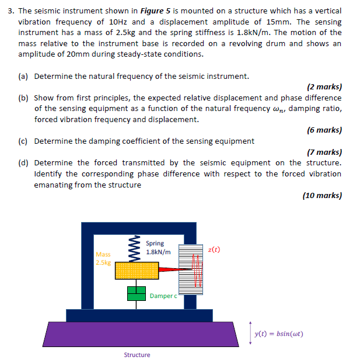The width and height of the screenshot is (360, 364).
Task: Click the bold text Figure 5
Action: [153, 11]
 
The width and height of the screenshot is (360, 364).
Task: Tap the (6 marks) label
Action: [324, 130]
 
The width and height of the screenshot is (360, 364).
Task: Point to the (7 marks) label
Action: [324, 151]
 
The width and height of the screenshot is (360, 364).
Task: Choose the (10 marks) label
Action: [322, 195]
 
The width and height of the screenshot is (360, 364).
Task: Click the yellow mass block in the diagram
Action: [138, 271]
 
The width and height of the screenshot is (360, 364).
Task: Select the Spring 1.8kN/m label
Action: [158, 248]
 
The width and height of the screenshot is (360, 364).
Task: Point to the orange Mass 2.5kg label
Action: [103, 258]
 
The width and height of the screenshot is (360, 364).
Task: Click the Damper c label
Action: [162, 296]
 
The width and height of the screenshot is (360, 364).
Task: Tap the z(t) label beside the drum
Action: [214, 249]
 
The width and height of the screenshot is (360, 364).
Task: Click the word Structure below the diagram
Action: [137, 355]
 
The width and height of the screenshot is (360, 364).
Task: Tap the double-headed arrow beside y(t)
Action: [250, 333]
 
